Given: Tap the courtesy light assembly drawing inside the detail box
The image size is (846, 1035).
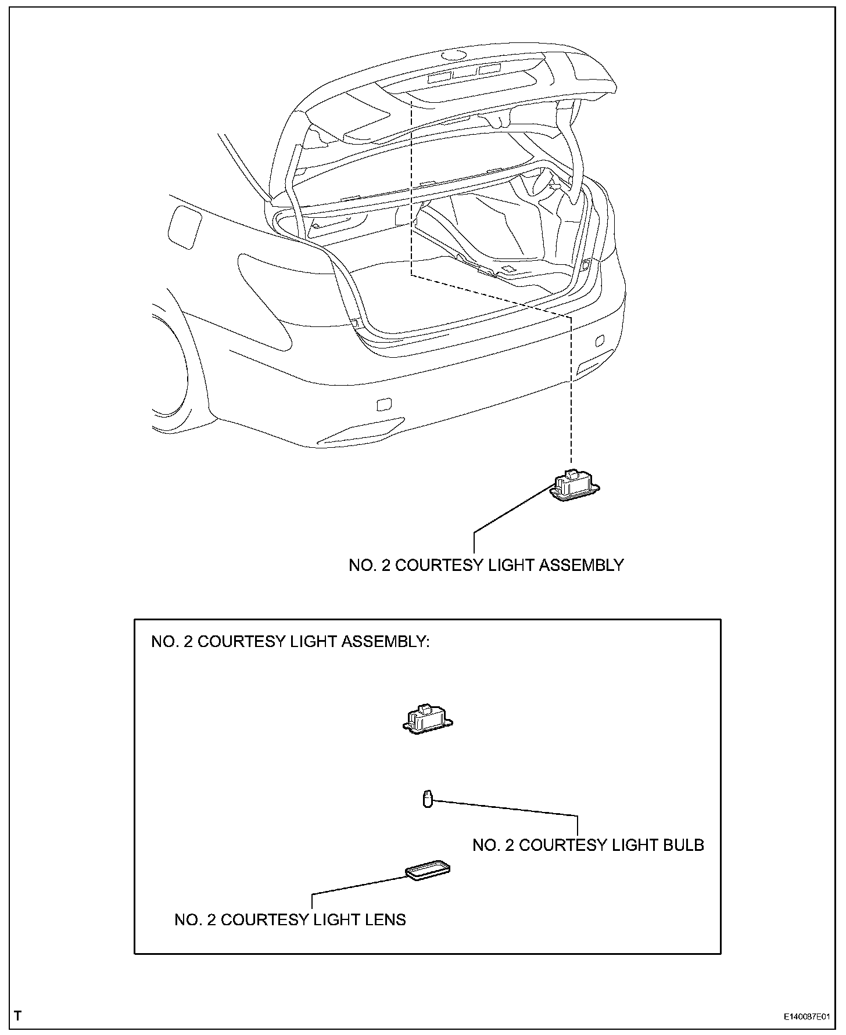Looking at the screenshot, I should point(427,720).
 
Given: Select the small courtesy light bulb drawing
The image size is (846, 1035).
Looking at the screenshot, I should point(428,799).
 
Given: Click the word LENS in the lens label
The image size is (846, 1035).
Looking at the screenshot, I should point(385,919).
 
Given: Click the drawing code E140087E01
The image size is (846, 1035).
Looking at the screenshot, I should point(806,1017).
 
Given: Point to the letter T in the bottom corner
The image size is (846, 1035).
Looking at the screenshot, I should point(19,1016).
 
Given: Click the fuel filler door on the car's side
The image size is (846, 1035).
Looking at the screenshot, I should point(184,227).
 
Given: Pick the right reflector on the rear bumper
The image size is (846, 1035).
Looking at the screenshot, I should point(594,361).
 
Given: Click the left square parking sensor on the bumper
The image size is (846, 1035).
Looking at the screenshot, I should point(384,404).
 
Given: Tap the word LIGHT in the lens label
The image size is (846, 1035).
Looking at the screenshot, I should point(335,919).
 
